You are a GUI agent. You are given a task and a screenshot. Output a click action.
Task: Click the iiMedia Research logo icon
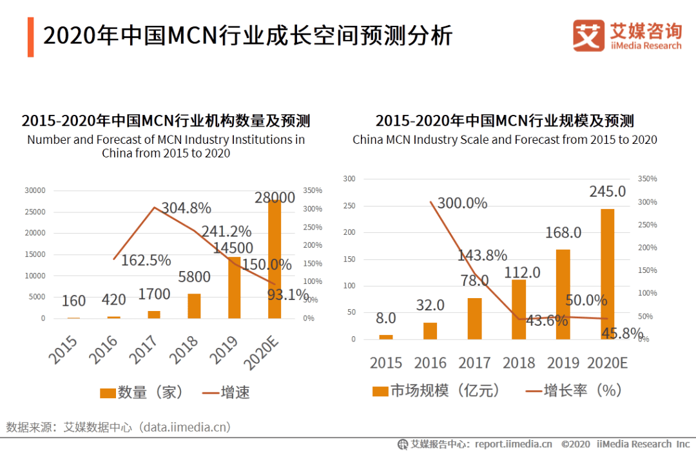[588, 35]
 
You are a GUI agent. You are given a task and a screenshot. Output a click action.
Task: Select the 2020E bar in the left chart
[275, 259]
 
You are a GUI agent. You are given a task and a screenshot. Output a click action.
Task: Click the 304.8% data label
[186, 208]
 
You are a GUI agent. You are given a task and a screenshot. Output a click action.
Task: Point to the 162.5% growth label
[146, 260]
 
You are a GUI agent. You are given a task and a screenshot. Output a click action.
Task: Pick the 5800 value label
[194, 277]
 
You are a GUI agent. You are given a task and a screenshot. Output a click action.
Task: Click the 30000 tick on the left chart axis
[34, 190]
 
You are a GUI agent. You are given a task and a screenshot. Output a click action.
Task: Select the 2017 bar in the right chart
[475, 318]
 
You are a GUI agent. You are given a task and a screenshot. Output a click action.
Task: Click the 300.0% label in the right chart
[462, 203]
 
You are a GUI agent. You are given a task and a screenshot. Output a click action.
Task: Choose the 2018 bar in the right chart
[519, 309]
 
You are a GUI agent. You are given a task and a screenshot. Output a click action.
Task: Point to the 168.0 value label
[563, 232]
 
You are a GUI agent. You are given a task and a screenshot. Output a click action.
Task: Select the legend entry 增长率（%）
[574, 390]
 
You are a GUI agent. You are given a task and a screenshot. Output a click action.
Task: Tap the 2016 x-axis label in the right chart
[430, 363]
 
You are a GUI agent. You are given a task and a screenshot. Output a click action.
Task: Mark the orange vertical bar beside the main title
[30, 37]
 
